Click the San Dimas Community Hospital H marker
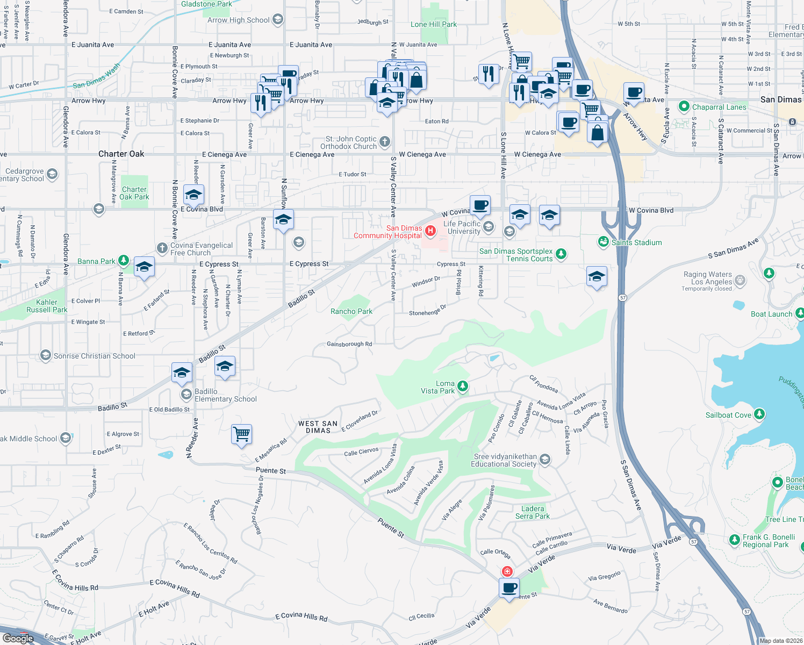pyautogui.click(x=430, y=231)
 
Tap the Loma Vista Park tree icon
pyautogui.click(x=462, y=386)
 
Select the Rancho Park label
pyautogui.click(x=351, y=311)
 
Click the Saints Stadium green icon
pyautogui.click(x=604, y=242)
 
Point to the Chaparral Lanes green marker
pyautogui.click(x=684, y=106)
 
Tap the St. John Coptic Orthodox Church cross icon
pyautogui.click(x=384, y=142)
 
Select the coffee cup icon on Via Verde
pyautogui.click(x=509, y=587)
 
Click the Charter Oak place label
pyautogui.click(x=121, y=154)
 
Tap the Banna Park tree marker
pyautogui.click(x=124, y=261)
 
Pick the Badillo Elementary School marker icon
pyautogui.click(x=186, y=395)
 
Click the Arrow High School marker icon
pyautogui.click(x=278, y=20)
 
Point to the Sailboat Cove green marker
pyautogui.click(x=759, y=414)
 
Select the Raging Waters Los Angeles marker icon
pyautogui.click(x=740, y=280)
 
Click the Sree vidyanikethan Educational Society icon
pyautogui.click(x=545, y=459)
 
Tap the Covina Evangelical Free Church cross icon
pyautogui.click(x=162, y=248)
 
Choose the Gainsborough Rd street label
pyautogui.click(x=349, y=344)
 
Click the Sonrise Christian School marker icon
pyautogui.click(x=46, y=355)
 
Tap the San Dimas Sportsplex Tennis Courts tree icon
pyautogui.click(x=561, y=254)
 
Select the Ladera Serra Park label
pyautogui.click(x=533, y=512)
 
